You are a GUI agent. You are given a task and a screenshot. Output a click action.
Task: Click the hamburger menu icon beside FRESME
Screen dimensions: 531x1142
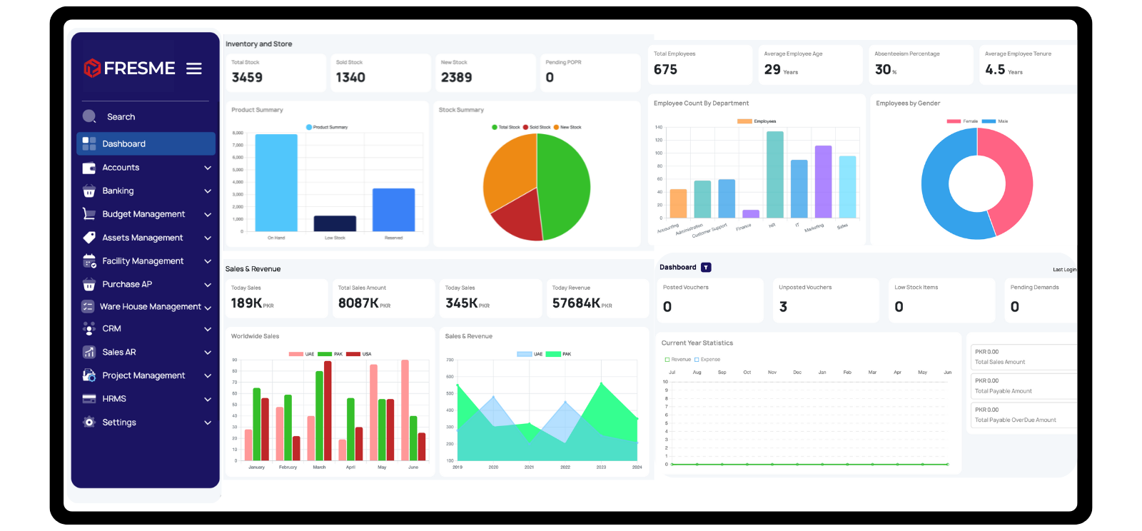pyautogui.click(x=194, y=69)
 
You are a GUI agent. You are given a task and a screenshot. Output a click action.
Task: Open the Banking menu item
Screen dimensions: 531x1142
pyautogui.click(x=118, y=191)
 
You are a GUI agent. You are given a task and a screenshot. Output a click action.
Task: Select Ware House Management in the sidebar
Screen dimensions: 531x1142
pyautogui.click(x=150, y=307)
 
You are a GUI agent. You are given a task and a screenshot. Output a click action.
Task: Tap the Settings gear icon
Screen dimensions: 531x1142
pyautogui.click(x=89, y=423)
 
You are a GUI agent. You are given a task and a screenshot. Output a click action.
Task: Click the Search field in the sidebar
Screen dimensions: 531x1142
pyautogui.click(x=121, y=117)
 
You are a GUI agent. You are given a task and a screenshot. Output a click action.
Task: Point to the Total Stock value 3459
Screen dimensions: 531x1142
pyautogui.click(x=247, y=78)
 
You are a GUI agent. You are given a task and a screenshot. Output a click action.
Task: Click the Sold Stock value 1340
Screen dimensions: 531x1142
pyautogui.click(x=350, y=78)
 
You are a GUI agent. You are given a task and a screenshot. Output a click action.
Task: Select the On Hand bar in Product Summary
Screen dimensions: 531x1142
pyautogui.click(x=276, y=183)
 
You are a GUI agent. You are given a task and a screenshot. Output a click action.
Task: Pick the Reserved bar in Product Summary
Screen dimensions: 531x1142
pyautogui.click(x=393, y=210)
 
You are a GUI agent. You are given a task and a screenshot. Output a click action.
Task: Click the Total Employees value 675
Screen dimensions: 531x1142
pyautogui.click(x=665, y=70)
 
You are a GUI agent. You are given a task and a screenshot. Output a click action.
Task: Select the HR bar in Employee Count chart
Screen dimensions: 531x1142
pyautogui.click(x=774, y=175)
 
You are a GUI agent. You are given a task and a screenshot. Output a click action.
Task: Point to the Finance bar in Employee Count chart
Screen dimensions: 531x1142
pyautogui.click(x=750, y=213)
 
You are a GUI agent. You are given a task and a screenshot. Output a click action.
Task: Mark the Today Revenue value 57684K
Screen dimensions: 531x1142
pyautogui.click(x=577, y=303)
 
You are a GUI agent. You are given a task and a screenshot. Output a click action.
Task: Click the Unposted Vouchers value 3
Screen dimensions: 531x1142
pyautogui.click(x=783, y=307)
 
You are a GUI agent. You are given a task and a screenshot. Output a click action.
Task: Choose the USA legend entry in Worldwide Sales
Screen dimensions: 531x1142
pyautogui.click(x=360, y=354)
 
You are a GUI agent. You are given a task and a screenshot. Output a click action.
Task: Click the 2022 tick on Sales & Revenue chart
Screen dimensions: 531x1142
pyautogui.click(x=565, y=467)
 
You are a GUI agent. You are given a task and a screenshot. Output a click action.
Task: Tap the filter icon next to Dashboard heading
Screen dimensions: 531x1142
pyautogui.click(x=706, y=268)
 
